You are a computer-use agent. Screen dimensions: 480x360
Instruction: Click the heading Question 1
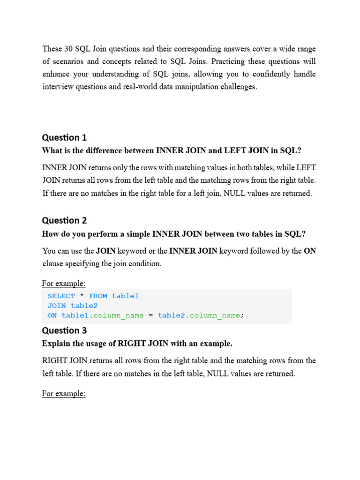[x=64, y=137]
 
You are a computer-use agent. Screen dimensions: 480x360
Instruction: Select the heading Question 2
[x=64, y=220]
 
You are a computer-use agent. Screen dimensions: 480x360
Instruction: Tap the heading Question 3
[x=64, y=330]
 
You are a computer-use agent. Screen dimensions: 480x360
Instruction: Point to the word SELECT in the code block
[x=61, y=296]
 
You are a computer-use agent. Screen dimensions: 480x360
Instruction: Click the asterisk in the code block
[x=82, y=296]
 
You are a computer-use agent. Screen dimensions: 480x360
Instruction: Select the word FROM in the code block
[x=98, y=296]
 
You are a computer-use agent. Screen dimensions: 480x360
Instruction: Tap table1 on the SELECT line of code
[x=125, y=296]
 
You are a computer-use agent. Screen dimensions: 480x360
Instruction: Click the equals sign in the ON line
[x=150, y=315]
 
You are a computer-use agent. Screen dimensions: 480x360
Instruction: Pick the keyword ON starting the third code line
[x=52, y=315]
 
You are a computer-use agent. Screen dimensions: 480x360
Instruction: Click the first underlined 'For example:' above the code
[x=64, y=284]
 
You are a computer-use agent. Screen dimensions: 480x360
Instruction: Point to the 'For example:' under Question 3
[x=64, y=394]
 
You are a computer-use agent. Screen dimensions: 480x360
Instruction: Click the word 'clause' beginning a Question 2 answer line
[x=52, y=264]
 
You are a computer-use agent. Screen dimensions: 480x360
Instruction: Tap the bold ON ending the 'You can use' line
[x=310, y=251]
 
